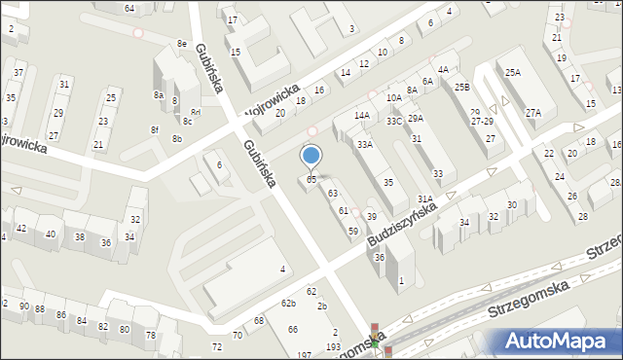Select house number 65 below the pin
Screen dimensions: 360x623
(x=311, y=179)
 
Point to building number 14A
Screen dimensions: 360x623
(x=362, y=116)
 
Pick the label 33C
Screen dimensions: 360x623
(x=394, y=121)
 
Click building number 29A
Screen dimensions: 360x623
(x=416, y=118)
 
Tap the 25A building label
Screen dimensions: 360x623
(x=512, y=73)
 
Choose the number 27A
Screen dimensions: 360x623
(x=533, y=113)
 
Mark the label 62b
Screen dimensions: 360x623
(x=289, y=304)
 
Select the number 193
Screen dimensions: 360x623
(x=333, y=346)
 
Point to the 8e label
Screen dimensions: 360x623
(x=182, y=44)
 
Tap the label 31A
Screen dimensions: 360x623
(x=425, y=198)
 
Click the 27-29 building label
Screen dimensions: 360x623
(x=482, y=122)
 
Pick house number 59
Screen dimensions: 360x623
(x=353, y=231)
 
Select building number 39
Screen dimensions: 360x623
(x=372, y=216)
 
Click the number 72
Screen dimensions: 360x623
(x=216, y=346)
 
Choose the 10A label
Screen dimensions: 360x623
(x=393, y=98)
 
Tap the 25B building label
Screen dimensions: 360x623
(x=461, y=88)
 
